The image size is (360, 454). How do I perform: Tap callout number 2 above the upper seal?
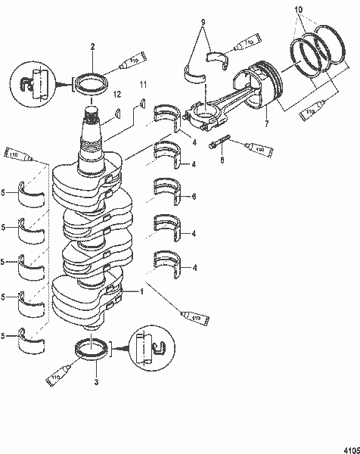coord(92,47)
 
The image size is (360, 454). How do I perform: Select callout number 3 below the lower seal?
coord(95,383)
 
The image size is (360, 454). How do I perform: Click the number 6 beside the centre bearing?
coord(194,197)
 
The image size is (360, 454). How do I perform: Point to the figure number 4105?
coord(349,446)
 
